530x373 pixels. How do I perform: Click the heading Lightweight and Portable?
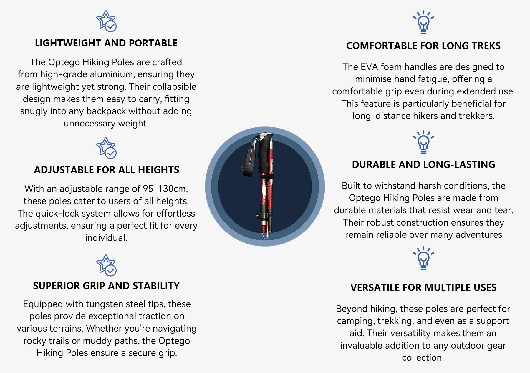(x=106, y=43)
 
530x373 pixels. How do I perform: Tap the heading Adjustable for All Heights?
(x=107, y=170)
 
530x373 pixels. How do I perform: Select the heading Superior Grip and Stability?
(x=106, y=286)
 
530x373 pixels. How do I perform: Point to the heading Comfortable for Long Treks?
(x=423, y=46)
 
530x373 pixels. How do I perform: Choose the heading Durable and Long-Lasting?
(x=423, y=165)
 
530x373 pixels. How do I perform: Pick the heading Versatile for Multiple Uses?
(x=423, y=288)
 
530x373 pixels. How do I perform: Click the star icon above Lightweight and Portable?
(x=106, y=21)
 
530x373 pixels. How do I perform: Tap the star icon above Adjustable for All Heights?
(x=106, y=148)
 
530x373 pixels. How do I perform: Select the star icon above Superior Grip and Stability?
(x=106, y=265)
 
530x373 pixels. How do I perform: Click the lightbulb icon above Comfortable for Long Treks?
(x=423, y=22)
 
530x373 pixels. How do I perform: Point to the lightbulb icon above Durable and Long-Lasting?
(x=423, y=142)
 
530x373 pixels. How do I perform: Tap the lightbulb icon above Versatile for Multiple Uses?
(x=423, y=259)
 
